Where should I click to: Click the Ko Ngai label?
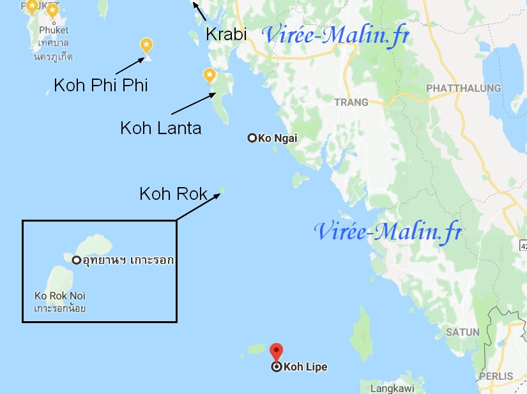278,138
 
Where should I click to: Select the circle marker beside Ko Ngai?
252,138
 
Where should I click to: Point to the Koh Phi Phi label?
101,85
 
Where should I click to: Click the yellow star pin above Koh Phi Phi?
146,45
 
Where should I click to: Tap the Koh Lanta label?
160,128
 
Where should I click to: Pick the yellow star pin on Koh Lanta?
209,75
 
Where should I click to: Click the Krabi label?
226,34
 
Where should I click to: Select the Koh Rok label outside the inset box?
174,193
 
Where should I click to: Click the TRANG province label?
351,102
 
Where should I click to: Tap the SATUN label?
462,332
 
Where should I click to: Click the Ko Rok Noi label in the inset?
60,296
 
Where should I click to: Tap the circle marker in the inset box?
77,260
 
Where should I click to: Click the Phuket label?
54,30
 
